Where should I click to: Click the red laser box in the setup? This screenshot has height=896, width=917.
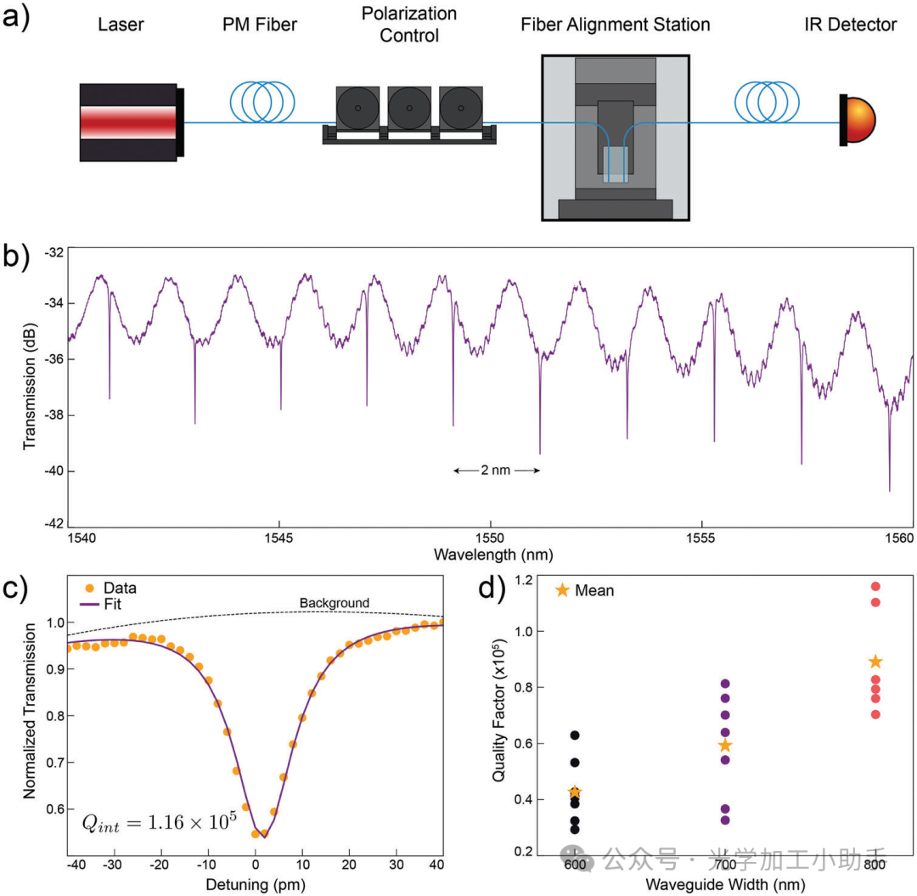(128, 122)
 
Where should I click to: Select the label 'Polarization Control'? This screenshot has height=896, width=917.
(409, 25)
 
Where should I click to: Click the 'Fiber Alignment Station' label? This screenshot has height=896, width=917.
(615, 25)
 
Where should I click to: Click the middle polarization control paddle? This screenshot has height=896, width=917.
(409, 108)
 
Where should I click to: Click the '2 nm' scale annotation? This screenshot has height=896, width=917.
(496, 470)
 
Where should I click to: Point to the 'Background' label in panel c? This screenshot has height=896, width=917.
(334, 604)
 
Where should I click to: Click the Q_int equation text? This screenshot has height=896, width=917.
(158, 823)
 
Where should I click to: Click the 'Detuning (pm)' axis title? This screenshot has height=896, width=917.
(255, 885)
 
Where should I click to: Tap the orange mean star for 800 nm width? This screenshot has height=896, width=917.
(875, 662)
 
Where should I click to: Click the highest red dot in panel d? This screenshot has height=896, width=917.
(875, 586)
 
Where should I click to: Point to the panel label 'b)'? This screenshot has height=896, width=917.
(17, 256)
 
